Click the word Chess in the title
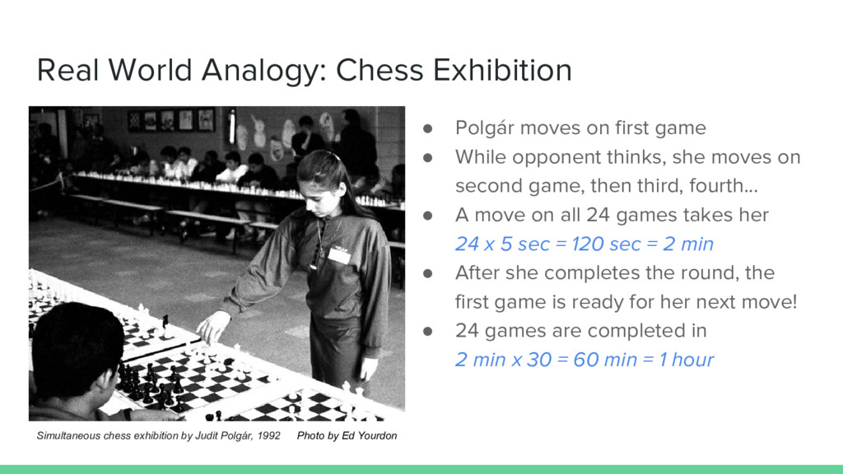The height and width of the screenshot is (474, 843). click(x=380, y=71)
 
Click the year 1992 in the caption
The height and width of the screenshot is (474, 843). click(x=268, y=436)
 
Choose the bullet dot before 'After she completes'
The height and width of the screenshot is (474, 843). click(x=428, y=273)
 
